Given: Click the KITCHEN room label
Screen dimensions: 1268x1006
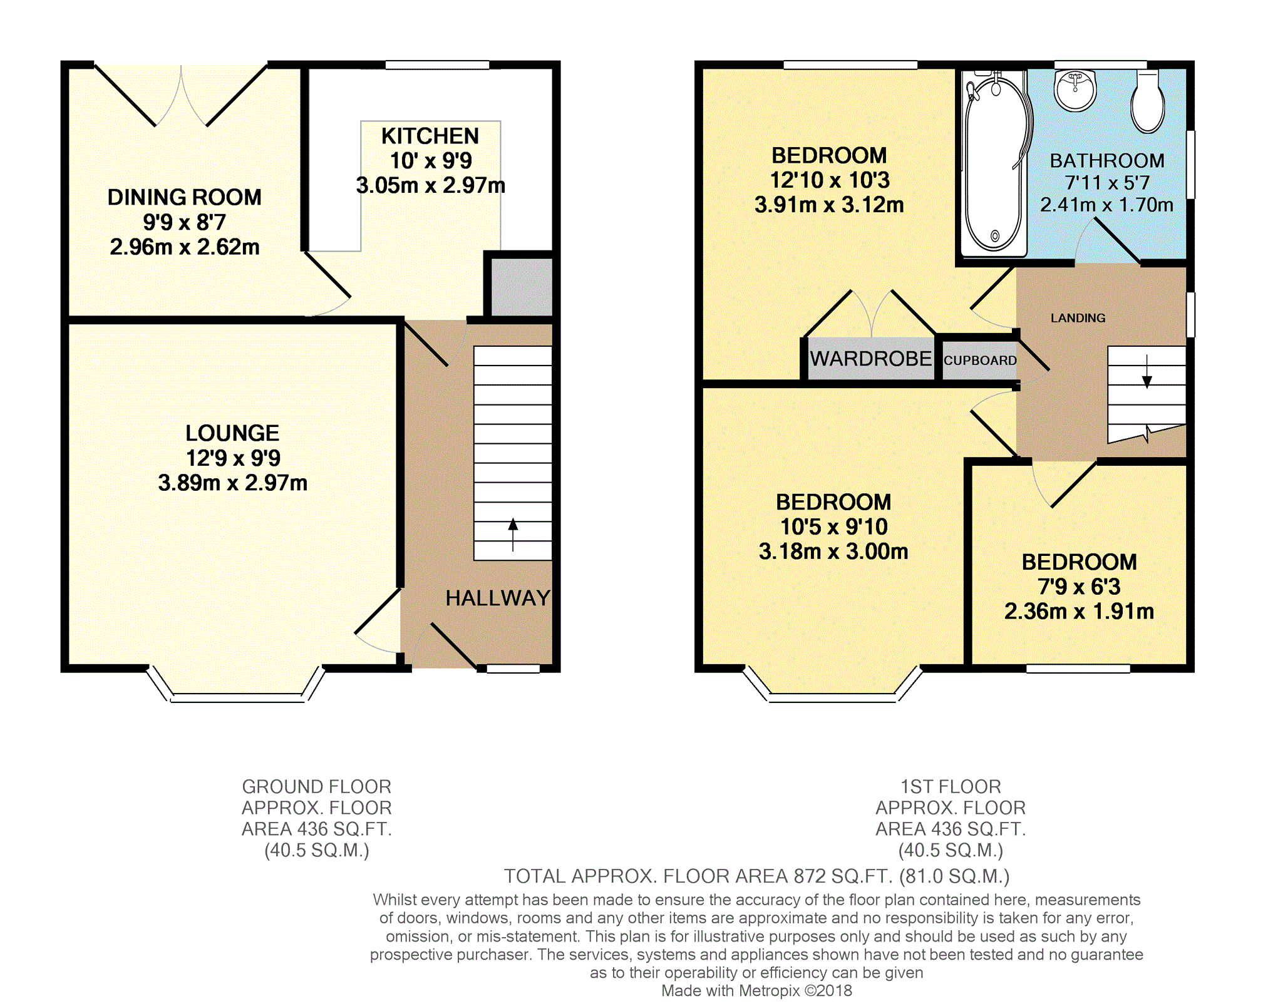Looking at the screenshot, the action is click(x=430, y=136).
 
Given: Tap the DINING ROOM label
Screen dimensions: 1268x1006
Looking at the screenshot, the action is click(x=185, y=197).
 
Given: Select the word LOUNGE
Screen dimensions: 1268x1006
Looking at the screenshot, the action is click(x=232, y=433).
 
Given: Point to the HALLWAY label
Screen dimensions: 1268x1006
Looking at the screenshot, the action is click(x=498, y=598).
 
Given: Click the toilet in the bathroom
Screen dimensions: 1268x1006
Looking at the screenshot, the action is click(x=1147, y=101).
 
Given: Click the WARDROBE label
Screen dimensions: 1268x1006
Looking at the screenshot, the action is click(x=870, y=359).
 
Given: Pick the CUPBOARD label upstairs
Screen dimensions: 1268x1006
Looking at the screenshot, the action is click(x=980, y=361).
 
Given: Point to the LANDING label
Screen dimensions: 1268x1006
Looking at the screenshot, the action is click(x=1078, y=318).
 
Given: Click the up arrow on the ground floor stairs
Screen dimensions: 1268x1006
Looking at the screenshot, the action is click(x=513, y=534).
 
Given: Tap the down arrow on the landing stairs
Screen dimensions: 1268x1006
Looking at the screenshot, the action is click(x=1147, y=371).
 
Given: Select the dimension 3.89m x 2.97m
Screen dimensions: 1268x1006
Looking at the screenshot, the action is click(x=232, y=483).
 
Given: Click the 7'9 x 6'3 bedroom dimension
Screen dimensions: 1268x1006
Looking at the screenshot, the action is click(x=1079, y=587).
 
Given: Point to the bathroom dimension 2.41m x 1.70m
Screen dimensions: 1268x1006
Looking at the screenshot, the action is click(x=1106, y=205).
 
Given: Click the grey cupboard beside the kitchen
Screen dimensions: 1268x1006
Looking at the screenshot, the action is click(x=521, y=287).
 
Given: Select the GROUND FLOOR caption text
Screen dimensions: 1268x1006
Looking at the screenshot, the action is click(x=317, y=786).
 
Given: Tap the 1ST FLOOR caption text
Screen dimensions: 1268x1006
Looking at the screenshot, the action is click(x=951, y=786).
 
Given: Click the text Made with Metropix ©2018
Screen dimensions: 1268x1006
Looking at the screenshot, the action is click(x=756, y=990).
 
